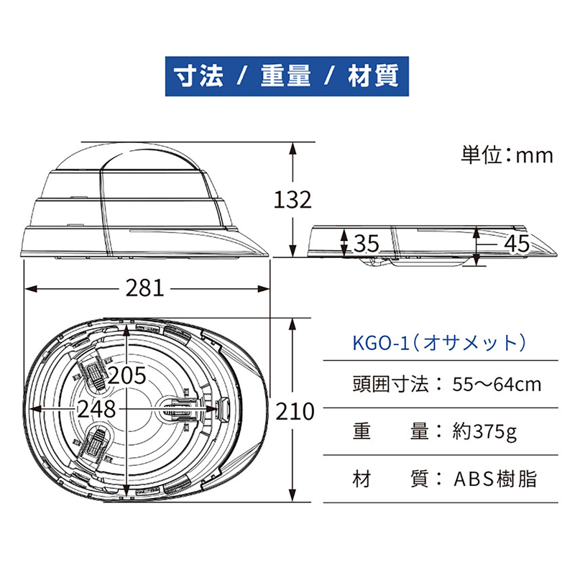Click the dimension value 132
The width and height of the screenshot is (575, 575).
coord(293,199)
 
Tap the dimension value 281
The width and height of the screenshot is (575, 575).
coord(145,288)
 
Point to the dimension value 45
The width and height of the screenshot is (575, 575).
coord(516,244)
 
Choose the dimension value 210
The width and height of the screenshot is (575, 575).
coord(295,411)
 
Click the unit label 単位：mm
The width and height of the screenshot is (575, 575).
coord(507,155)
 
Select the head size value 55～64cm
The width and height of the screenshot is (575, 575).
coord(496,384)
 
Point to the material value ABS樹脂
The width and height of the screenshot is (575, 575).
coord(495,479)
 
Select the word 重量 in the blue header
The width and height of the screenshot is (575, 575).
coord(285,75)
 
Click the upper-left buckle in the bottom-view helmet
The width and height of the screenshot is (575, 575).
coord(94,372)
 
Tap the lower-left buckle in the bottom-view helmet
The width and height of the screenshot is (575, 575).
coord(94,443)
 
